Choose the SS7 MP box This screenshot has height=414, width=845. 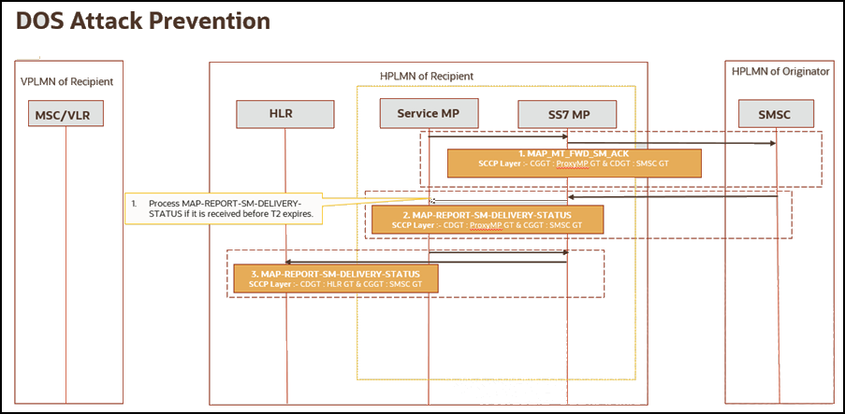click(x=568, y=114)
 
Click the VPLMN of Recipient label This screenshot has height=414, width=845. click(x=66, y=81)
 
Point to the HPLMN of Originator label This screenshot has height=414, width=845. click(x=779, y=72)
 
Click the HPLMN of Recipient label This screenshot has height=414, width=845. click(x=428, y=75)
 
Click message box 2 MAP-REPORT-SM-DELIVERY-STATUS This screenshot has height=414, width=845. click(x=487, y=220)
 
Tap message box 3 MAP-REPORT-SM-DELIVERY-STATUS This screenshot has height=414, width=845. click(x=334, y=278)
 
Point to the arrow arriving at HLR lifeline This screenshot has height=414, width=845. click(x=356, y=262)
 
